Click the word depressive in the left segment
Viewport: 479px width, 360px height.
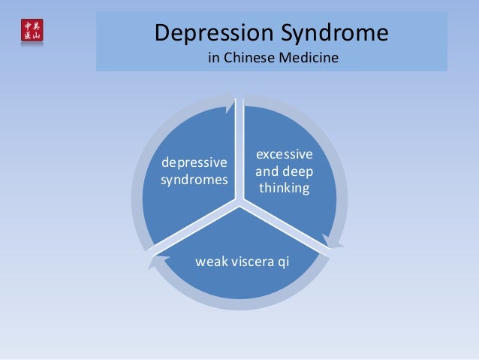coord(194,163)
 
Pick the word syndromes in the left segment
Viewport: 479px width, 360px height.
coord(194,180)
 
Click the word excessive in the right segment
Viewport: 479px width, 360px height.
coord(285,154)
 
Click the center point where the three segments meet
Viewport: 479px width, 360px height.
coord(240,202)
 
